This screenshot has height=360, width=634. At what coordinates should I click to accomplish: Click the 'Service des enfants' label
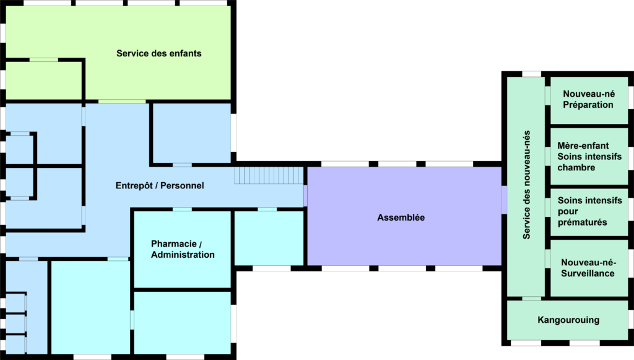pos(158,53)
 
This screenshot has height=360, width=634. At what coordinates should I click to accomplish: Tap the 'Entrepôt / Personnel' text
pos(160,185)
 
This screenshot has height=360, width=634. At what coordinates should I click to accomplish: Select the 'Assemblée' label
pos(401,217)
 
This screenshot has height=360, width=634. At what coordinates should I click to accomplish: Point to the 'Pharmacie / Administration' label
pos(183,249)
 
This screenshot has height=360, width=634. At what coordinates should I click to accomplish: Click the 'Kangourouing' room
pos(568,320)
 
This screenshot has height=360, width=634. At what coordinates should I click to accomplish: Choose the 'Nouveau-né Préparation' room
pos(588,99)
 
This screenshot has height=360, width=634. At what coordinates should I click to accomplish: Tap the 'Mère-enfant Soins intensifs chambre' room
pos(588,157)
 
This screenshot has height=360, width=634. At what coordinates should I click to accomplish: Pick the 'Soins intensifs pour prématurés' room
pos(588,211)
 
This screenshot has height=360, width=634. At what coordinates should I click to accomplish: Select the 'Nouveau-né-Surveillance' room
pos(588,268)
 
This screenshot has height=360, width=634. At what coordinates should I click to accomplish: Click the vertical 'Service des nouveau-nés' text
pos(527,184)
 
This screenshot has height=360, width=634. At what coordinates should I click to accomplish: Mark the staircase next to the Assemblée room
pos(268,175)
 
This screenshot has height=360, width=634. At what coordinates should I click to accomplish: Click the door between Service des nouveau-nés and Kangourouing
pos(531,299)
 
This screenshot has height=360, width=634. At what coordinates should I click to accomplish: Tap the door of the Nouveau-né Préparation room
pos(548,96)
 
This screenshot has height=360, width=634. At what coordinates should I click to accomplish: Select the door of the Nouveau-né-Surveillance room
pos(548,258)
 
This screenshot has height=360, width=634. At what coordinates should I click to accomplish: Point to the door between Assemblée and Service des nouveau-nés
pos(504,199)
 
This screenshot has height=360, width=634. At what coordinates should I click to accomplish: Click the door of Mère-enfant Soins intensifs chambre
pos(548,156)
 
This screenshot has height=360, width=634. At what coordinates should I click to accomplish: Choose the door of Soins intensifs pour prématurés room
pos(548,208)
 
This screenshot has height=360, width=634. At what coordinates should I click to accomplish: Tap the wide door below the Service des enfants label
pos(122,101)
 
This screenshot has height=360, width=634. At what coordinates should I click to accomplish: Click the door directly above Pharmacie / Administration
pos(182,209)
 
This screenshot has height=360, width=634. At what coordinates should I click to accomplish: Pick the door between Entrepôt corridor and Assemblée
pos(305,196)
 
